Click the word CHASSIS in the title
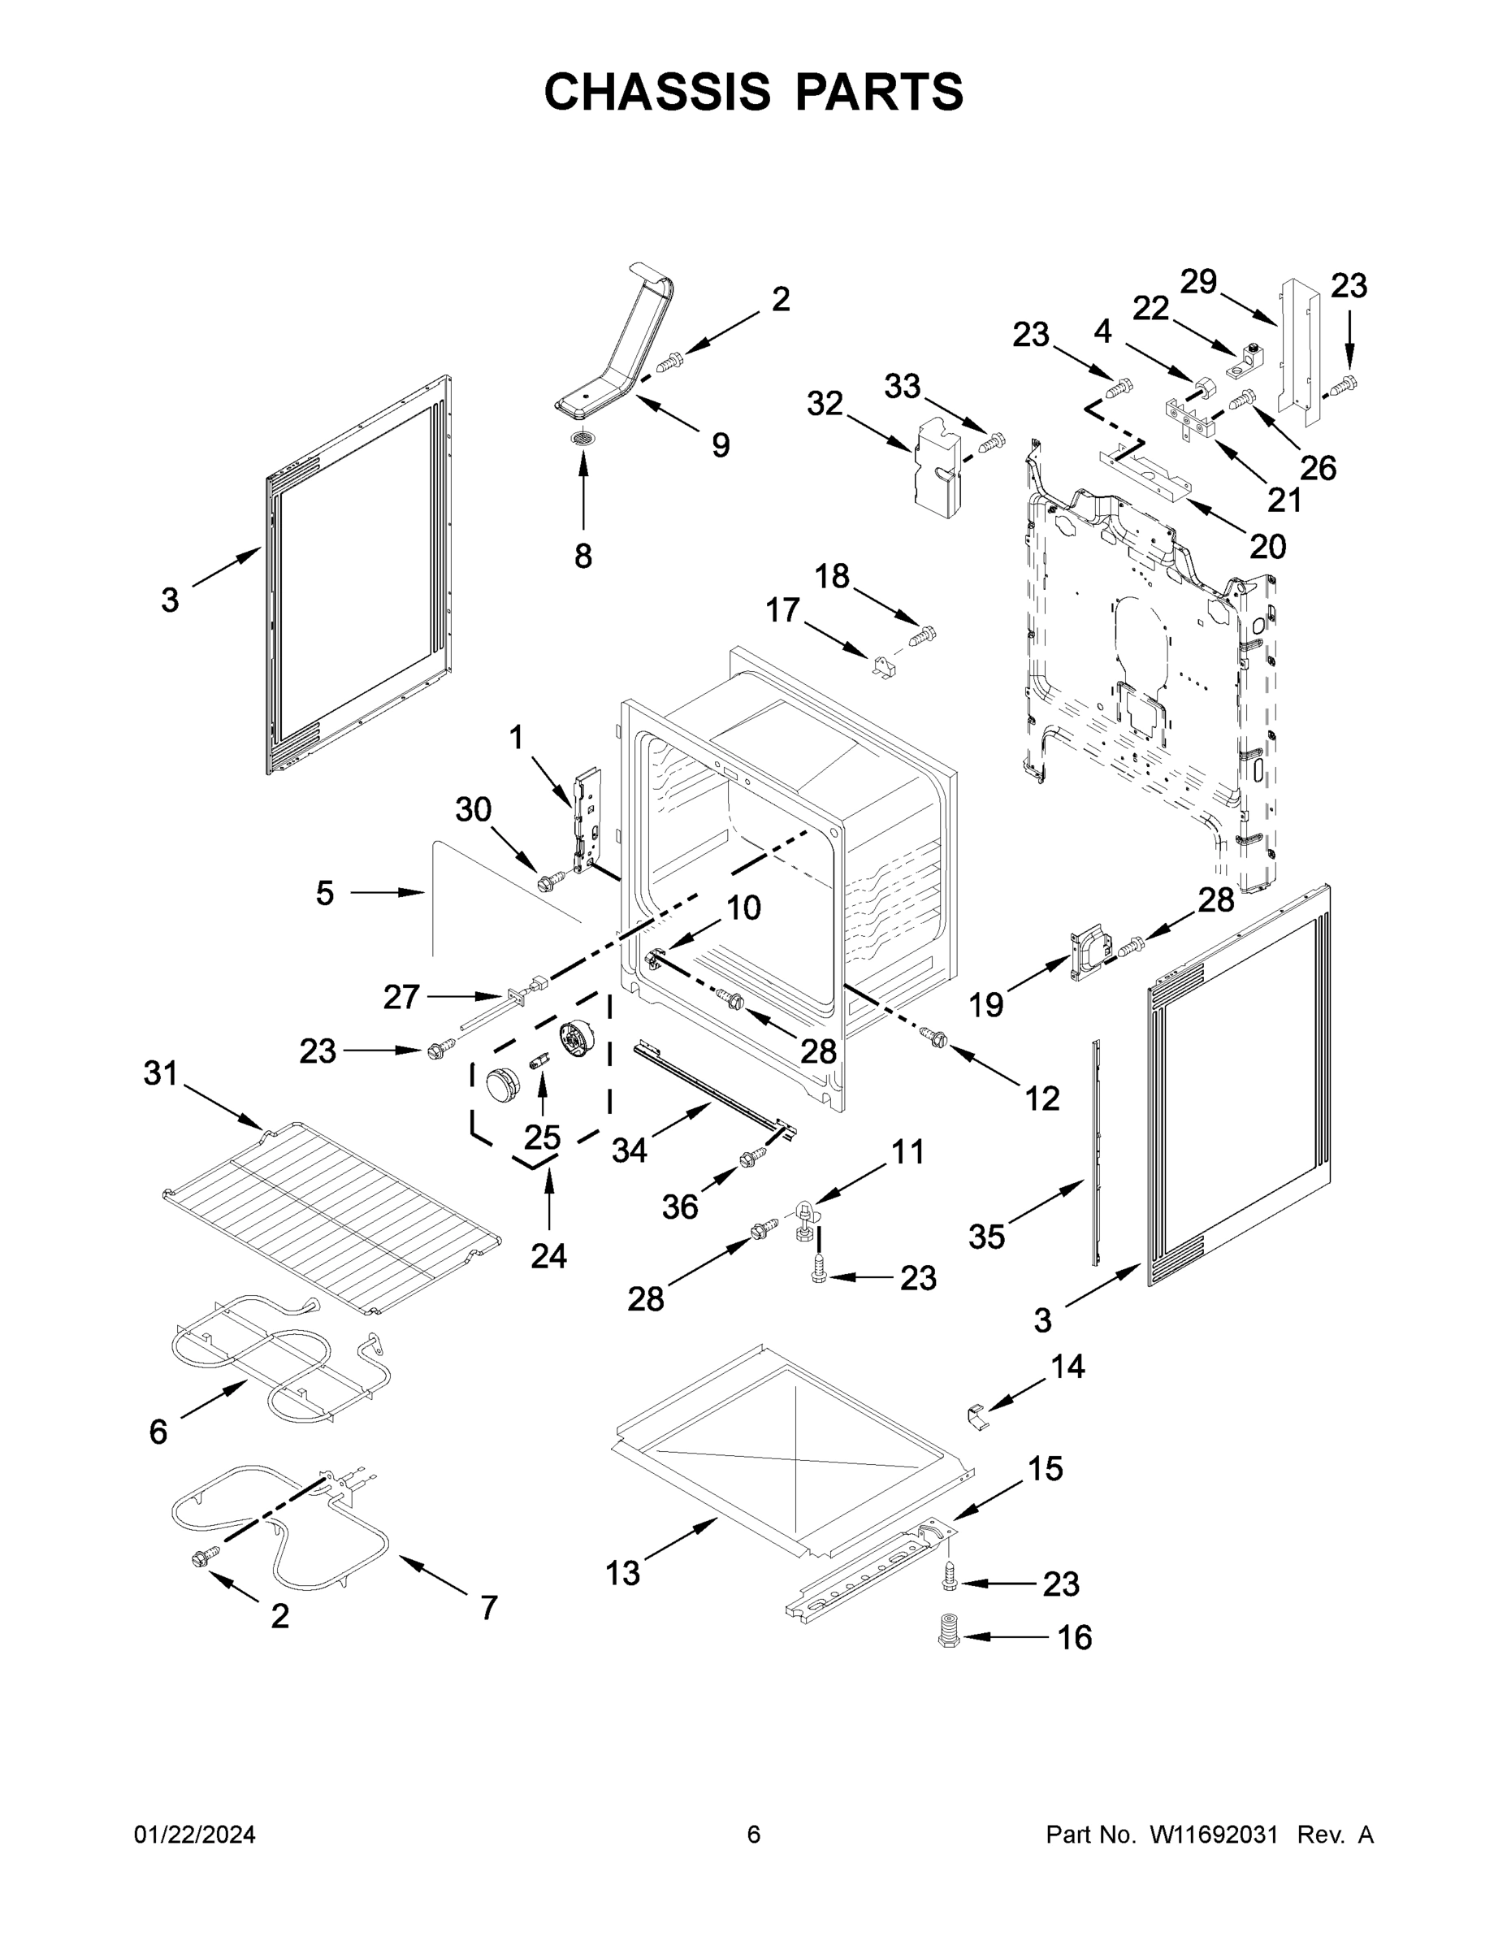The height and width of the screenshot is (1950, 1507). tap(657, 92)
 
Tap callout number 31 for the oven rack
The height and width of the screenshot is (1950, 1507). tap(161, 1072)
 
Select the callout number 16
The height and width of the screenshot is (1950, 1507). tap(1074, 1637)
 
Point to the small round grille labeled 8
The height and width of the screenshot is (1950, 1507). tap(584, 437)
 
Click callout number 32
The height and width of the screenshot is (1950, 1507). tap(824, 404)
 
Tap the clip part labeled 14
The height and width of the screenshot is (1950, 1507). tap(978, 1415)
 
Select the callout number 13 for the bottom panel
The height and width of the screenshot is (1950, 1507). tap(622, 1573)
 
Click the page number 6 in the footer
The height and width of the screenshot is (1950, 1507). tap(754, 1834)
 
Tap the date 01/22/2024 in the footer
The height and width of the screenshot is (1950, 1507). tap(195, 1835)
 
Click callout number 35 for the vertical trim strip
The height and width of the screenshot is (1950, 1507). tap(986, 1237)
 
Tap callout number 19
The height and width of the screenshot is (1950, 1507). tap(986, 1005)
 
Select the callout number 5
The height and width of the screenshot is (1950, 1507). tap(325, 893)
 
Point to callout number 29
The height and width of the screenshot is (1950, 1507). tap(1198, 281)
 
